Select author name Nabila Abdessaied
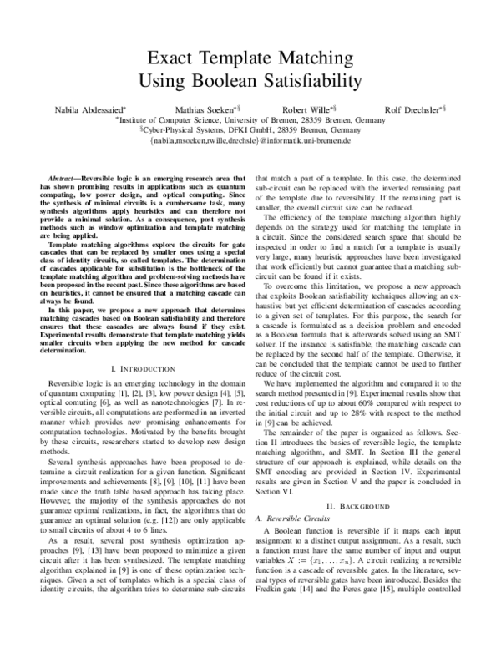[x=82, y=109]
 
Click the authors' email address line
[x=250, y=142]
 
